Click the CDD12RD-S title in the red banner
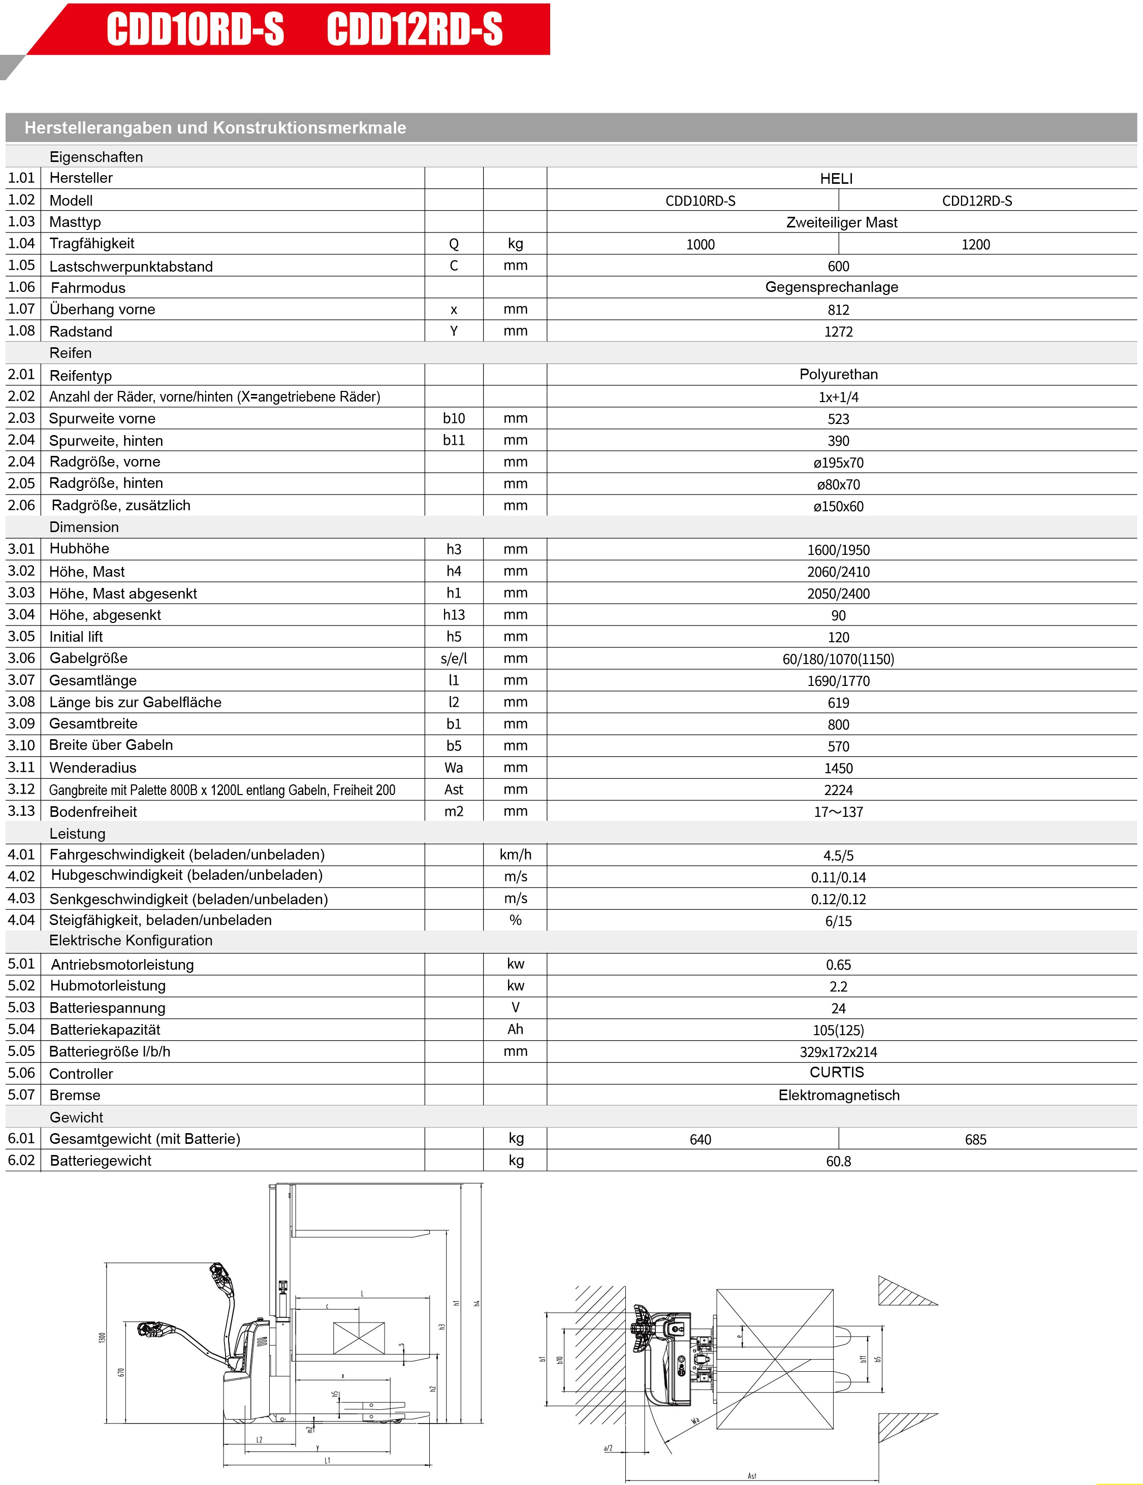[x=415, y=30]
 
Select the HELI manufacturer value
[x=836, y=179]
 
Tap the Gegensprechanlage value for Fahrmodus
[x=832, y=287]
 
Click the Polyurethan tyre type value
[x=838, y=375]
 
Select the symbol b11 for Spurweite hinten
[x=454, y=441]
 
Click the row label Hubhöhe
[x=79, y=549]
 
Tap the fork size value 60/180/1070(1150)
[x=838, y=659]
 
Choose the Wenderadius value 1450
[x=838, y=768]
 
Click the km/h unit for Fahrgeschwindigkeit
[x=515, y=854]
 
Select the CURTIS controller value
[x=837, y=1072]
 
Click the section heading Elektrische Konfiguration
[x=131, y=940]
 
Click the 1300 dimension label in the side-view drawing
[x=103, y=1337]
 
